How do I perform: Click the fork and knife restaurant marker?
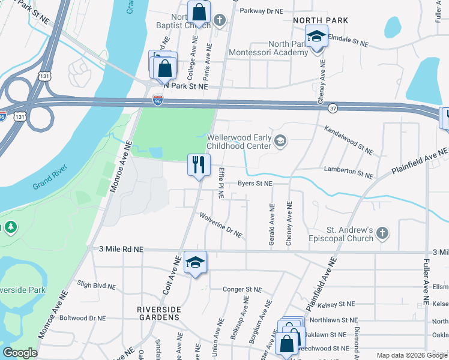pos(199,164)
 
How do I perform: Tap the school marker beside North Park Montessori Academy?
pos(316,36)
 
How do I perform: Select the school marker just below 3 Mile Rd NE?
pos(194,262)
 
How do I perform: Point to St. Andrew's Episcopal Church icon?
pos(383,232)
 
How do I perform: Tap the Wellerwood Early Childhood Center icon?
pos(279,141)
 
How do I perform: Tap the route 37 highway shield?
pos(333,108)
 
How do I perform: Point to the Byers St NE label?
pos(255,184)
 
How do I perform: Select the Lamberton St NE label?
pos(348,173)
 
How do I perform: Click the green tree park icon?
pos(10,227)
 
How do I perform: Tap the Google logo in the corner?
pos(20,353)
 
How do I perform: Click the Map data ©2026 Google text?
pos(412,355)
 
